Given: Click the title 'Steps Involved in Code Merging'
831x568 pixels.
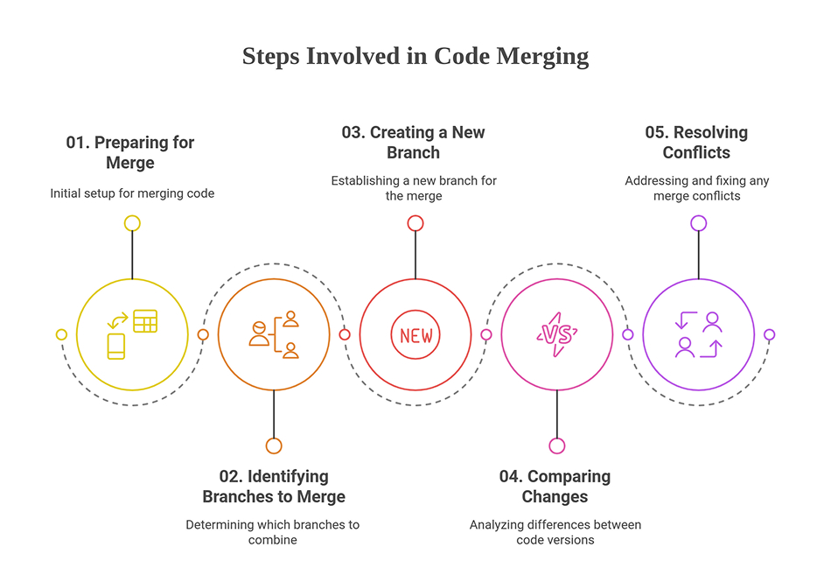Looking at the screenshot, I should pos(415,56).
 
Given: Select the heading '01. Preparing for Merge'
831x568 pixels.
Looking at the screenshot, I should pos(130,152).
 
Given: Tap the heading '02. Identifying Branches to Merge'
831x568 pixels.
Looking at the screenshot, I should pos(274,486).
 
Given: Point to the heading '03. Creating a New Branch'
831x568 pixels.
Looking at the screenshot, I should pos(413,142).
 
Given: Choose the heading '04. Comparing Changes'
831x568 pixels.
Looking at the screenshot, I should pos(555,486).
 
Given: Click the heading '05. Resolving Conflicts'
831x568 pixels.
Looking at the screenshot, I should pos(696,142).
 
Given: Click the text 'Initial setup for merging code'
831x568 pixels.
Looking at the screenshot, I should pos(132,193).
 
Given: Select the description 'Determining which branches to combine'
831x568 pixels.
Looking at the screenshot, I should pos(272,532).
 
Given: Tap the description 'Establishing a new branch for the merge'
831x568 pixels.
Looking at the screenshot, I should pos(414,188).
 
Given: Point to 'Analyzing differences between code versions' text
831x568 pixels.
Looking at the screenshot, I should pos(555,532).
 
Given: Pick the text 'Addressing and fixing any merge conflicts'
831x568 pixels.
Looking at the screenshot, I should pos(697,188).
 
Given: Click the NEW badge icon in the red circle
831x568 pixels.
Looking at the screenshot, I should pos(415,335).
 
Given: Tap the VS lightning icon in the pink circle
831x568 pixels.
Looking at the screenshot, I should pos(557,334).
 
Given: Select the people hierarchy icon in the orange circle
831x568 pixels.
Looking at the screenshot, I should pos(274,334).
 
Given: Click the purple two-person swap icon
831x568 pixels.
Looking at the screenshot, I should pos(698,334).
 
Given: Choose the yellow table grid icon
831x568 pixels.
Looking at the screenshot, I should pos(145,321).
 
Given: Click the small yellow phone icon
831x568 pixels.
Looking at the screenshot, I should pos(116,347).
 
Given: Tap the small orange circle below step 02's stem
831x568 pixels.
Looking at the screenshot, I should pos(274,445).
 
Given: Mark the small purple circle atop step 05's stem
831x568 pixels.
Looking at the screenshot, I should pos(698,223).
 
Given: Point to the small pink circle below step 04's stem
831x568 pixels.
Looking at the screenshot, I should pos(557,445).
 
